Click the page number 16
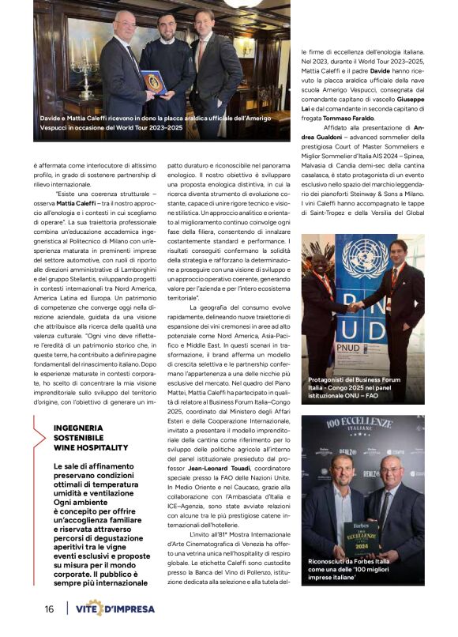[x=49, y=609]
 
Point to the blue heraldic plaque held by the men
[x=155, y=81]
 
